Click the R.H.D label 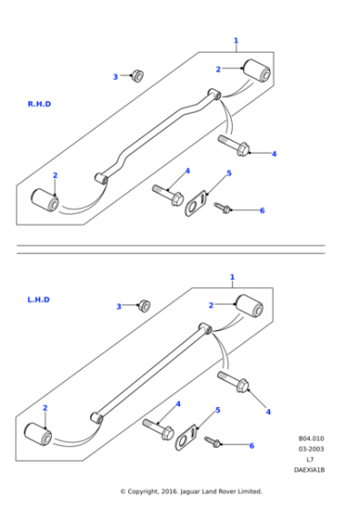click(x=39, y=105)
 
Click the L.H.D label click(x=38, y=299)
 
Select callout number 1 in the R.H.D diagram click(x=235, y=41)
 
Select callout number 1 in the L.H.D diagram click(x=232, y=276)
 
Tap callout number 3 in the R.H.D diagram click(x=115, y=77)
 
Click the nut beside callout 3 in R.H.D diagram click(x=136, y=75)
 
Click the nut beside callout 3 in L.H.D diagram click(x=143, y=304)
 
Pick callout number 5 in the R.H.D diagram click(x=228, y=173)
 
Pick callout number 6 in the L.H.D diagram click(x=252, y=445)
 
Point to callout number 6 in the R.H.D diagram click(x=262, y=211)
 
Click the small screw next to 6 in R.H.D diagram click(x=223, y=208)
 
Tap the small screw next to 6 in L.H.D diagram click(x=214, y=442)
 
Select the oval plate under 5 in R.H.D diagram click(x=195, y=205)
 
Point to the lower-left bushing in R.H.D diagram click(x=45, y=199)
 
